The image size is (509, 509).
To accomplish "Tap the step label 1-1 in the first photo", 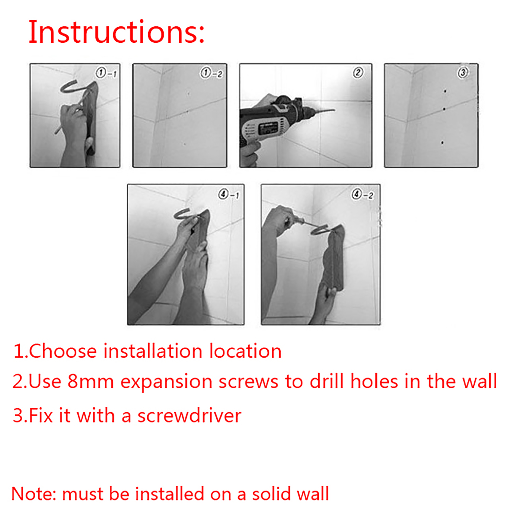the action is (106, 73).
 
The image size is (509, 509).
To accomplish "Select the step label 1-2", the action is (211, 73).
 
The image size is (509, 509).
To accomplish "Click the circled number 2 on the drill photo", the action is (358, 73).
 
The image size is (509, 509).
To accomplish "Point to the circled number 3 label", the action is (463, 73).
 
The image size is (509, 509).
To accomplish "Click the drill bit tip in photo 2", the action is (334, 110).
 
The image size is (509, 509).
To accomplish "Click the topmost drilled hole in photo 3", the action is (445, 91).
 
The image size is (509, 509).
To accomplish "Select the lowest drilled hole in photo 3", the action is (442, 143).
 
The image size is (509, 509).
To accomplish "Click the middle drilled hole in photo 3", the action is (444, 109).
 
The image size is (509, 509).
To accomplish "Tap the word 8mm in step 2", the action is (91, 381).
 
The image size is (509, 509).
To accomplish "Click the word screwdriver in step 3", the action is (189, 415).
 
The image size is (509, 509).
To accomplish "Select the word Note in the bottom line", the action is (33, 494).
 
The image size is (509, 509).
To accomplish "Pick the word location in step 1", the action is (245, 351).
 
